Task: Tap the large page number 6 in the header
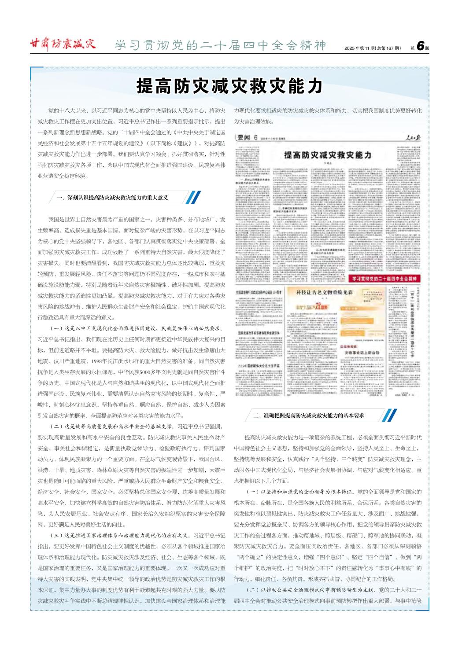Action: click(x=420, y=46)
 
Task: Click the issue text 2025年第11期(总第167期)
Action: click(x=372, y=48)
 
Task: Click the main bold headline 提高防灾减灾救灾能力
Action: click(x=229, y=86)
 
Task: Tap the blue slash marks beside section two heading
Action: click(x=390, y=416)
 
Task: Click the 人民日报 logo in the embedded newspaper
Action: click(x=413, y=138)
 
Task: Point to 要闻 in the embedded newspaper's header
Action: click(x=243, y=138)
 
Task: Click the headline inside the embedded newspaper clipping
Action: click(x=328, y=155)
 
